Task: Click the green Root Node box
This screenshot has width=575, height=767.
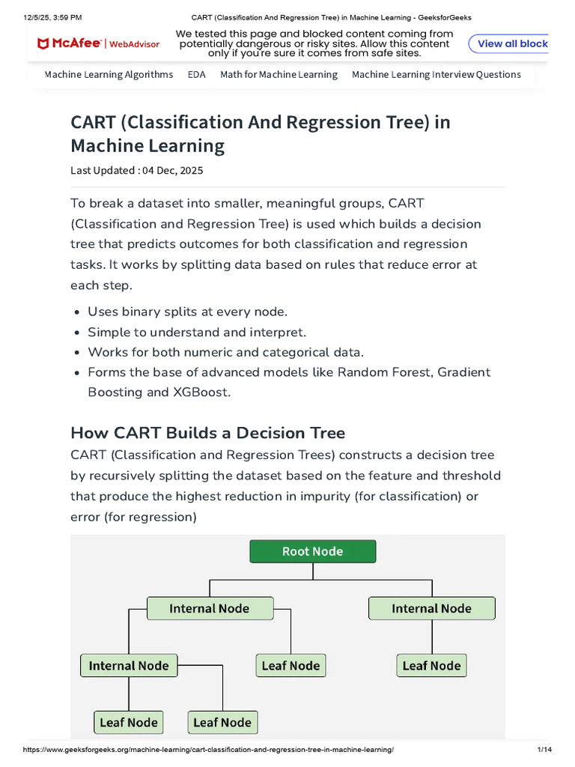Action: pyautogui.click(x=312, y=551)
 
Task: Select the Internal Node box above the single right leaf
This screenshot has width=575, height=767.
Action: pyautogui.click(x=431, y=608)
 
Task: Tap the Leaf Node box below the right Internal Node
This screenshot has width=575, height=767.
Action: pyautogui.click(x=431, y=665)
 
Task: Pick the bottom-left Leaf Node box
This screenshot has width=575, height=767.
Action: pyautogui.click(x=129, y=722)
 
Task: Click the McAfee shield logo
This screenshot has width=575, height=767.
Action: pyautogui.click(x=43, y=44)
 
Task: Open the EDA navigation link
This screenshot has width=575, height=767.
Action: pyautogui.click(x=196, y=74)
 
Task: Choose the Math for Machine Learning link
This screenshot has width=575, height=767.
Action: pyautogui.click(x=279, y=74)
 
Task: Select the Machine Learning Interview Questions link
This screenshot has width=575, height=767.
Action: pyautogui.click(x=436, y=74)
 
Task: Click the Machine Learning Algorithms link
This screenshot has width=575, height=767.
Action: pyautogui.click(x=109, y=74)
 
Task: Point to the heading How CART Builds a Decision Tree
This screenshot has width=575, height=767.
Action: pyautogui.click(x=207, y=433)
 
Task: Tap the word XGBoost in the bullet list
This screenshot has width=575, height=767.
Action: pyautogui.click(x=201, y=392)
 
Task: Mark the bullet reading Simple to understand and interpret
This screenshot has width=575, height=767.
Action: pyautogui.click(x=197, y=332)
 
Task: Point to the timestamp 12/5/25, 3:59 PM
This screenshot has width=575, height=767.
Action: pyautogui.click(x=52, y=17)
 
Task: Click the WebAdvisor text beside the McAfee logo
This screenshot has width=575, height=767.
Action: pyautogui.click(x=135, y=44)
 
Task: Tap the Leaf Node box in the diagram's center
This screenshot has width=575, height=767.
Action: pyautogui.click(x=290, y=665)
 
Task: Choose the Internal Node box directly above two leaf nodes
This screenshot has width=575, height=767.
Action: pyautogui.click(x=129, y=665)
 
